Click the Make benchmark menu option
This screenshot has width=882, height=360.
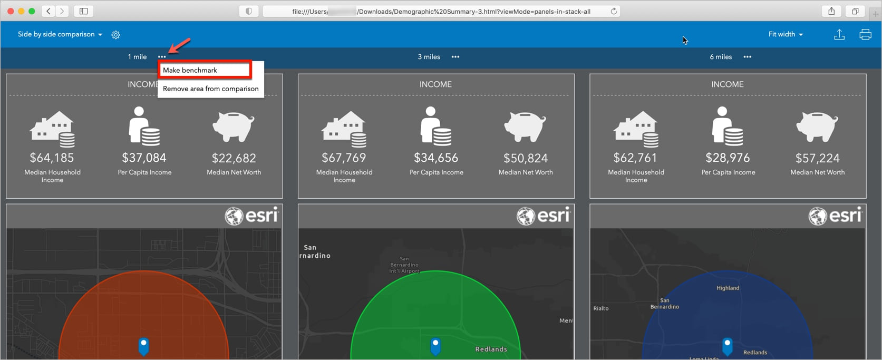[190, 70]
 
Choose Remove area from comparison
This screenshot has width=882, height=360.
[210, 89]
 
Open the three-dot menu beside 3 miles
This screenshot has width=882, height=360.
[455, 57]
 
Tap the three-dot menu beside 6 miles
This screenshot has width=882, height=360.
[748, 57]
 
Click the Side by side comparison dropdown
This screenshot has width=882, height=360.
[60, 34]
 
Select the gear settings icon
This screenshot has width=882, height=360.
[116, 35]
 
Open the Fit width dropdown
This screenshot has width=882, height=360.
[785, 34]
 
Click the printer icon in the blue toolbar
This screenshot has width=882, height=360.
[865, 35]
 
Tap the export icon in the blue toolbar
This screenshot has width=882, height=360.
[839, 35]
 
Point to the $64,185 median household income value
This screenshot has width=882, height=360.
[52, 158]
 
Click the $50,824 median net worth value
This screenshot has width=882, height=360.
[526, 158]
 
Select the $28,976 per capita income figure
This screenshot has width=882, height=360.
[728, 158]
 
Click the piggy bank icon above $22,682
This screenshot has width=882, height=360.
[234, 127]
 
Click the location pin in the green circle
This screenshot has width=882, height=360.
[435, 346]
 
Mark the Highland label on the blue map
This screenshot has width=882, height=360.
[728, 288]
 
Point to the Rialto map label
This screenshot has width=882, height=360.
[601, 308]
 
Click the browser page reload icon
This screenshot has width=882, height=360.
[614, 11]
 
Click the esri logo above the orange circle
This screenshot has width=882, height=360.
[251, 216]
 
